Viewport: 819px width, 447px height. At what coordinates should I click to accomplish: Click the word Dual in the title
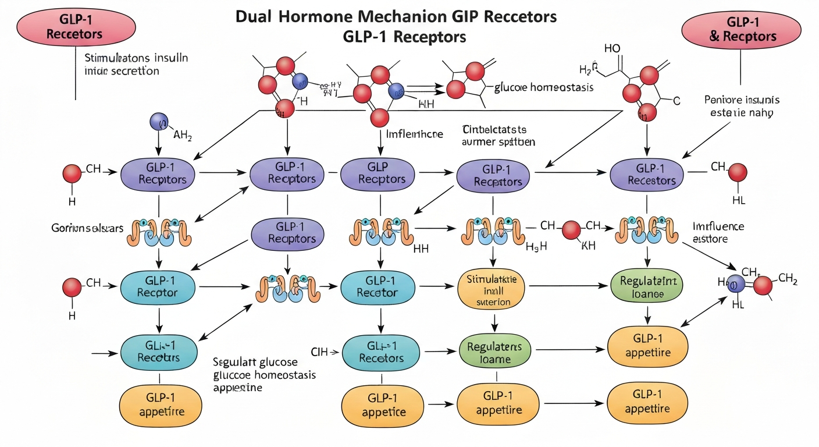(x=255, y=17)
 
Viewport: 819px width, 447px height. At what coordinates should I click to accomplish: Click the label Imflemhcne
(x=414, y=134)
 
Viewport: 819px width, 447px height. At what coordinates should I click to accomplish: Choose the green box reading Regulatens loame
(x=495, y=353)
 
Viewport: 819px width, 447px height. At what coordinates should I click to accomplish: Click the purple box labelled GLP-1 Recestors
(x=647, y=174)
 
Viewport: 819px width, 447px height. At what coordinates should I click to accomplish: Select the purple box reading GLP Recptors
(x=378, y=173)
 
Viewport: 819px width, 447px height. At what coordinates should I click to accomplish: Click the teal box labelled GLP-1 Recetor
(x=378, y=286)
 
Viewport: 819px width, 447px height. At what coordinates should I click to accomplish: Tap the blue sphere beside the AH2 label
(x=158, y=122)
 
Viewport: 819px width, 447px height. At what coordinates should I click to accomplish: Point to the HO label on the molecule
(x=613, y=49)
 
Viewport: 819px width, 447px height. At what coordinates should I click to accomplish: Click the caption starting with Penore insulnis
(x=742, y=105)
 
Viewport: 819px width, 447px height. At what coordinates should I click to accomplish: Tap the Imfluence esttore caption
(x=718, y=232)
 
